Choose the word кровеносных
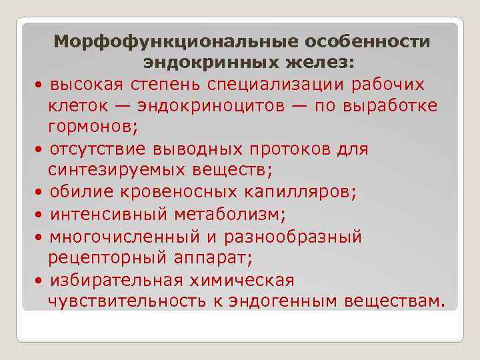pyautogui.click(x=201, y=192)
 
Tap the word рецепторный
pyautogui.click(x=100, y=257)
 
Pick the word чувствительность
pyautogui.click(x=126, y=301)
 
